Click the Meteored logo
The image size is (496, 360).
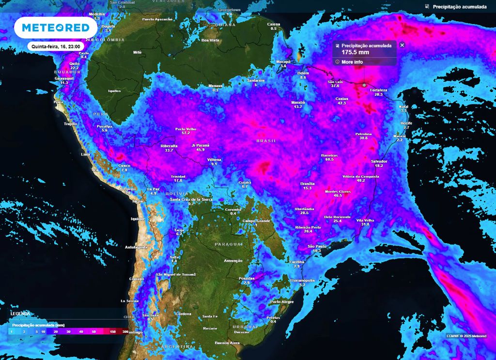[x=52, y=28]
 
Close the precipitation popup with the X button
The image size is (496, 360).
[x=402, y=45]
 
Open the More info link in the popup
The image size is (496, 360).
[x=352, y=62]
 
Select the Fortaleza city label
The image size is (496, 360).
[x=378, y=90]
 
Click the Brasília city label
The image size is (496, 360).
[x=308, y=184]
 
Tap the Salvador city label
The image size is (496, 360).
[x=379, y=161]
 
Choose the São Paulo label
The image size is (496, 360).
[x=317, y=247]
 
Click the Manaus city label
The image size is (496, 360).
[x=216, y=86]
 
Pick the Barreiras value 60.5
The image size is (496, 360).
[x=329, y=159]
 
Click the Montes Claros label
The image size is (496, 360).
[x=338, y=191]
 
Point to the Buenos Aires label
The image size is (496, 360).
[x=227, y=343]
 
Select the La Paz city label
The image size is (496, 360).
[x=153, y=189]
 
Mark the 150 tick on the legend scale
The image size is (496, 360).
[x=113, y=331]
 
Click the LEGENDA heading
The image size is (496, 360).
[x=20, y=313]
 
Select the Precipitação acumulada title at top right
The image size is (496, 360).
[x=459, y=7]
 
